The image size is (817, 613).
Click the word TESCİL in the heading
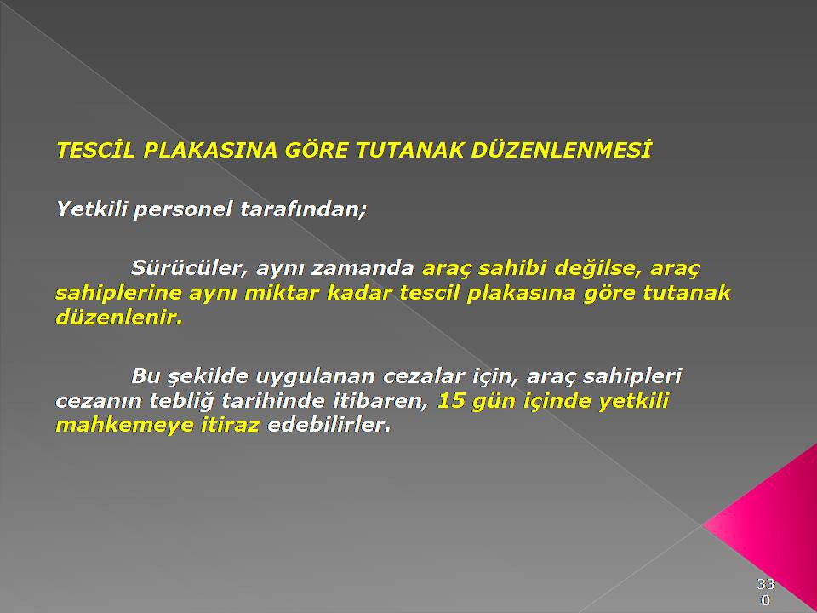95,150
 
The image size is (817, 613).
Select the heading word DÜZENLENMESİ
561,150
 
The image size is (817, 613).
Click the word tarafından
303,209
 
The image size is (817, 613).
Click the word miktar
282,293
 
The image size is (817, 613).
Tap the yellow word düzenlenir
119,318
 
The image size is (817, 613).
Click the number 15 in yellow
451,401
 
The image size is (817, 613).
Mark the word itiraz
231,425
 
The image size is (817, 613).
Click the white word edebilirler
329,425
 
